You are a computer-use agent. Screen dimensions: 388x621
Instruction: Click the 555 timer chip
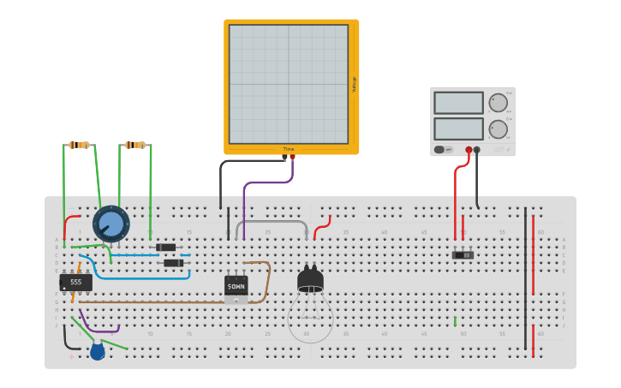pyautogui.click(x=75, y=282)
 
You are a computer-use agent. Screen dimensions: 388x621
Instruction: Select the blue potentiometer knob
pyautogui.click(x=110, y=224)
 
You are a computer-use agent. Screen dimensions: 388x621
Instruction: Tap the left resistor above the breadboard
pyautogui.click(x=81, y=145)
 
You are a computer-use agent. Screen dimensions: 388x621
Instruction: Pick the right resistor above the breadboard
pyautogui.click(x=135, y=145)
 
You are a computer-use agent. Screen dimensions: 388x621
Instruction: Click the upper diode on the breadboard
pyautogui.click(x=165, y=248)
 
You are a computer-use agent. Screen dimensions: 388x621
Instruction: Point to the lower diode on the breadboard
pyautogui.click(x=173, y=263)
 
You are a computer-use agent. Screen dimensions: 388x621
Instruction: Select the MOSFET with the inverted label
pyautogui.click(x=236, y=285)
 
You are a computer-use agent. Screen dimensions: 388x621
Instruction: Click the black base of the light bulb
pyautogui.click(x=310, y=280)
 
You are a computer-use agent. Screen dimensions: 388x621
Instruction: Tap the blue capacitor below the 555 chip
pyautogui.click(x=98, y=350)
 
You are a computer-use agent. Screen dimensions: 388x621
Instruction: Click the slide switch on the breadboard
pyautogui.click(x=463, y=255)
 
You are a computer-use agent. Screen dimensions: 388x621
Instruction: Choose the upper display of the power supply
pyautogui.click(x=458, y=103)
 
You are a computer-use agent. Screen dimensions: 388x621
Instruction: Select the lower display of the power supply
pyautogui.click(x=458, y=128)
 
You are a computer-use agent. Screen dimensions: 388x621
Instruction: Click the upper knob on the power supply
pyautogui.click(x=498, y=103)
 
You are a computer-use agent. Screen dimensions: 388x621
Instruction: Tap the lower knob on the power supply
pyautogui.click(x=498, y=129)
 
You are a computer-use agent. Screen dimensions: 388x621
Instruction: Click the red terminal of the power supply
pyautogui.click(x=469, y=150)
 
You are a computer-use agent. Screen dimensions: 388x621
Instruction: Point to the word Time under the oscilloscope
pyautogui.click(x=289, y=149)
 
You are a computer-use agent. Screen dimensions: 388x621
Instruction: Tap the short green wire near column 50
pyautogui.click(x=455, y=321)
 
